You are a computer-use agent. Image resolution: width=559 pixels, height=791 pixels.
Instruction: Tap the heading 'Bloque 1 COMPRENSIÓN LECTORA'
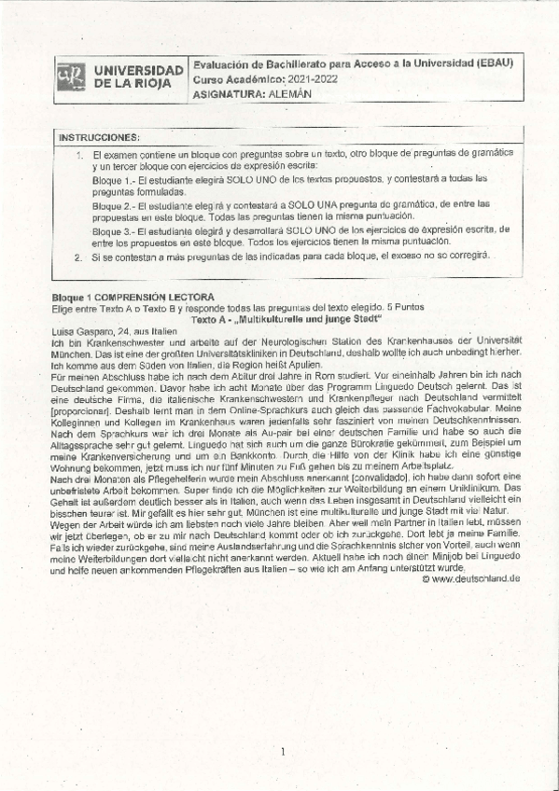click(x=134, y=297)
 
